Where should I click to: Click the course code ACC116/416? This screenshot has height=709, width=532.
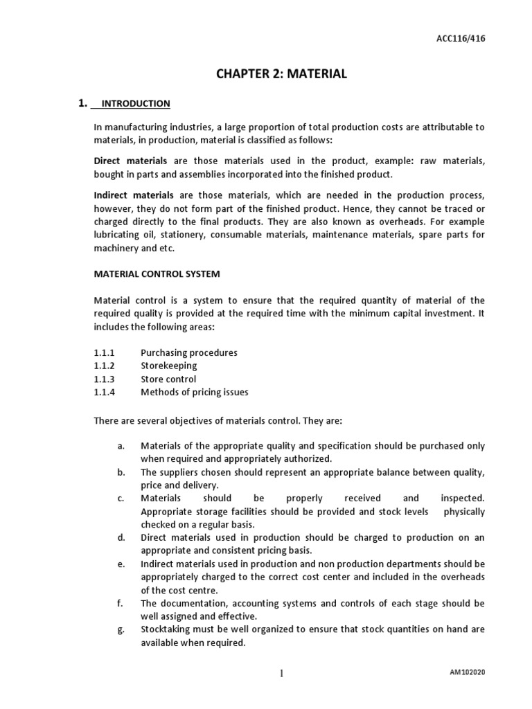point(465,39)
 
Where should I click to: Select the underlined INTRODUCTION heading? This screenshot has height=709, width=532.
point(135,104)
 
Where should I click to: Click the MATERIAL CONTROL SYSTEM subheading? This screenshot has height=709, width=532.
point(157,273)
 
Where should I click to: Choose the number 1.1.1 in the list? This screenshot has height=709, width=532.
point(104,352)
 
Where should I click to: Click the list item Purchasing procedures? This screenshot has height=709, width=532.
point(189,352)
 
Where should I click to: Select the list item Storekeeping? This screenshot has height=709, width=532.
point(169,366)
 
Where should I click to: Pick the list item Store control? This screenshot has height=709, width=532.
point(168,379)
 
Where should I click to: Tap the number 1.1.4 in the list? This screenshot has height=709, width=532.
point(104,392)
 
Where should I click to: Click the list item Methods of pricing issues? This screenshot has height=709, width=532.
point(195,392)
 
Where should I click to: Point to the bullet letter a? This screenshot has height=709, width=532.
point(121,446)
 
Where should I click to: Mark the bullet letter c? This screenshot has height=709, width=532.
point(121,499)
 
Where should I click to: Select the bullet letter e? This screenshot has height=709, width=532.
point(121,564)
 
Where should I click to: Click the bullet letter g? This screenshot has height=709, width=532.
point(121,629)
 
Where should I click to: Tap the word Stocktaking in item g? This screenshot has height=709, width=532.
point(166,629)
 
